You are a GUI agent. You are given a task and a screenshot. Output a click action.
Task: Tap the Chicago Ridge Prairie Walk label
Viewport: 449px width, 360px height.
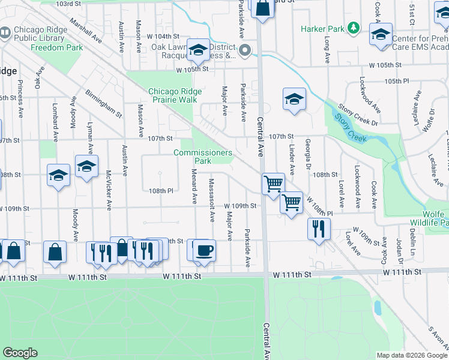coord(172,95)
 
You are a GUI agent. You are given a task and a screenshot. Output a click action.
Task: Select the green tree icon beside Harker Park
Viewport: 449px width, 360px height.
coord(354,28)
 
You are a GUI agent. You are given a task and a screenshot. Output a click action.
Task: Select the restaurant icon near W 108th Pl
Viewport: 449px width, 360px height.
coord(318,228)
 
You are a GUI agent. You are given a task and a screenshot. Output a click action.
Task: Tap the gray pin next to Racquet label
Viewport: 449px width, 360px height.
coord(244,52)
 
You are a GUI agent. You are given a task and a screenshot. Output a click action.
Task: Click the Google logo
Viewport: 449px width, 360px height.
coord(20,353)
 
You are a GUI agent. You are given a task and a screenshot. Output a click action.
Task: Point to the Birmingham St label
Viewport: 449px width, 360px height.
coord(103,105)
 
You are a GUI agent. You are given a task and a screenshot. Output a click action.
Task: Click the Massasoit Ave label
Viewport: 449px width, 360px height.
coord(212,199)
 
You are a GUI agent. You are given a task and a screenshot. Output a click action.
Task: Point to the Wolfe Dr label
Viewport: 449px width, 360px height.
coord(427,121)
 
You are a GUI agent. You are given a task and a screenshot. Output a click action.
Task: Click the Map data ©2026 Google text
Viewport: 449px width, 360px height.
coord(411,355)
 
